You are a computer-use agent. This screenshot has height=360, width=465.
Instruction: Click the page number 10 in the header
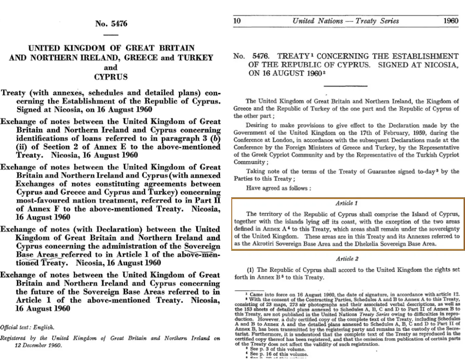(x=237, y=21)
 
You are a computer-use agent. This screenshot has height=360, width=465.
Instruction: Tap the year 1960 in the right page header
(x=450, y=21)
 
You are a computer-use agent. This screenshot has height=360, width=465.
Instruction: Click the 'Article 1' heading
(x=347, y=203)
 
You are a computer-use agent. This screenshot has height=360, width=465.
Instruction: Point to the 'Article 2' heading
(x=347, y=259)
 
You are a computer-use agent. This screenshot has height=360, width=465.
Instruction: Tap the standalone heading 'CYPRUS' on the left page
(x=111, y=77)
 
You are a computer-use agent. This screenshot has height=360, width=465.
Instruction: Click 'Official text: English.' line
(x=27, y=327)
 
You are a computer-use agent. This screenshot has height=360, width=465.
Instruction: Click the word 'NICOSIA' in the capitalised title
(x=442, y=65)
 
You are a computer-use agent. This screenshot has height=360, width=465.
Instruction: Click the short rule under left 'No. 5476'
(x=110, y=35)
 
